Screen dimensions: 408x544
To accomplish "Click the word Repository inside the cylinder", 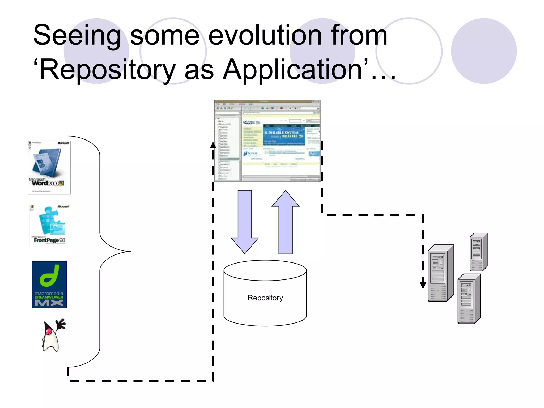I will pyautogui.click(x=265, y=298).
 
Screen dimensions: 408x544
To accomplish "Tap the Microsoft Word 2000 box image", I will pyautogui.click(x=49, y=168).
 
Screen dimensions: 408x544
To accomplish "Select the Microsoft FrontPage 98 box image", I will pyautogui.click(x=49, y=226).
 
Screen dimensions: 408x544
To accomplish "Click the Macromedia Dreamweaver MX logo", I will pyautogui.click(x=49, y=284).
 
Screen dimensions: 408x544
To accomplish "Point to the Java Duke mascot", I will pyautogui.click(x=53, y=335).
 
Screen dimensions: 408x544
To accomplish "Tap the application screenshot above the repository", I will pyautogui.click(x=267, y=141).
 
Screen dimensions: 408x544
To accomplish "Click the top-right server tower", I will pyautogui.click(x=478, y=252).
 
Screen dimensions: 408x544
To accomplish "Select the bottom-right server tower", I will pyautogui.click(x=469, y=299).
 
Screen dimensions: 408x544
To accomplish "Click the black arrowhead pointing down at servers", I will pyautogui.click(x=423, y=284).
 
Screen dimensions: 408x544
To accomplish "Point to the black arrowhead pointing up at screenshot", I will pyautogui.click(x=213, y=145).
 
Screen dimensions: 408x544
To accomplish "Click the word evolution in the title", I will pyautogui.click(x=265, y=35).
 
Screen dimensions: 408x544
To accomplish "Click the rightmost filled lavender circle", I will pyautogui.click(x=484, y=51).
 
